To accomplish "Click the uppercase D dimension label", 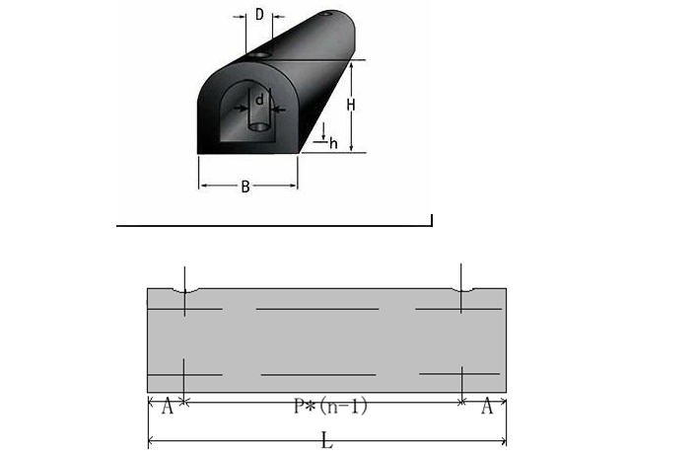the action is (259, 15).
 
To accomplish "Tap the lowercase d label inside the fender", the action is (259, 101).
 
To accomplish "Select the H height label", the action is (351, 106).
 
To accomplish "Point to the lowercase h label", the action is (333, 143).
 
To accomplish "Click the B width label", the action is (245, 187).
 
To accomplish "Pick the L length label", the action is (327, 441).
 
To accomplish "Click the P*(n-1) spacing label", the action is (330, 406).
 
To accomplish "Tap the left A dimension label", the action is (167, 407).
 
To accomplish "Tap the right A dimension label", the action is (487, 407).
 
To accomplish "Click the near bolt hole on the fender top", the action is (259, 55).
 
